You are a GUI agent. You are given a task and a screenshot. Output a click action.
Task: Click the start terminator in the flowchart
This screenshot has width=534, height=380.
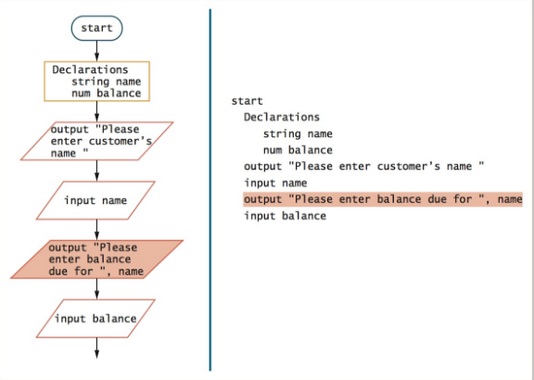click(x=96, y=28)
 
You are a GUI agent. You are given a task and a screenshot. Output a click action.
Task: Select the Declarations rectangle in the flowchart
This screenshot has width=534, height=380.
click(x=96, y=81)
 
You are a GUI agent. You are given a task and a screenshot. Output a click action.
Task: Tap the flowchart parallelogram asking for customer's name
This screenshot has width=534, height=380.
click(x=96, y=141)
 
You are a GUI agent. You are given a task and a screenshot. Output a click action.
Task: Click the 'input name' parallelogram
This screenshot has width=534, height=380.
click(x=96, y=199)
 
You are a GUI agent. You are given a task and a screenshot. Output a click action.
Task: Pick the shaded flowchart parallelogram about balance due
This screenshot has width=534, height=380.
click(x=96, y=260)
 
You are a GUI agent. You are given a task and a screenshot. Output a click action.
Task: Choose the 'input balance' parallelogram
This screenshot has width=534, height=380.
click(x=96, y=319)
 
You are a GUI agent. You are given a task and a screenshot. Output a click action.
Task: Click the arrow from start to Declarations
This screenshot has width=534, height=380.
click(x=96, y=51)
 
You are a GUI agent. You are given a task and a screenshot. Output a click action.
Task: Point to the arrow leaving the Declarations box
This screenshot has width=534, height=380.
click(x=96, y=111)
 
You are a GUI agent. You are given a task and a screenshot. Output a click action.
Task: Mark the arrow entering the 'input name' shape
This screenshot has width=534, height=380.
click(x=96, y=171)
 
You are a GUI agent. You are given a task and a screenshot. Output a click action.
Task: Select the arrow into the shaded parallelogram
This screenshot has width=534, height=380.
click(x=96, y=229)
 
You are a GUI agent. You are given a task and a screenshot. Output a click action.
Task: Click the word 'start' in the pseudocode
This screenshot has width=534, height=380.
click(x=248, y=101)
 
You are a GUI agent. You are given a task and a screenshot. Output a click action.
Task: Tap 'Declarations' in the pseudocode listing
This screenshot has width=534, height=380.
click(x=282, y=118)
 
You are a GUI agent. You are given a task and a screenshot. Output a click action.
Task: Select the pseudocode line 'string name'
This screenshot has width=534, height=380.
click(x=298, y=133)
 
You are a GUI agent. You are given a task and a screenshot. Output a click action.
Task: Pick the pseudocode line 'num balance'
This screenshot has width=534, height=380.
click(x=298, y=150)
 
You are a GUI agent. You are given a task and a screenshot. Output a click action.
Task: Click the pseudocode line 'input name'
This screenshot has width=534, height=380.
click(x=275, y=184)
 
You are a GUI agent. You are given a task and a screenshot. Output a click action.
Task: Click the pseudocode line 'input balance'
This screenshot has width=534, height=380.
click(x=285, y=216)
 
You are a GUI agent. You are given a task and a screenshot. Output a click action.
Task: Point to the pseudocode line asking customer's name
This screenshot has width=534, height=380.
click(x=364, y=167)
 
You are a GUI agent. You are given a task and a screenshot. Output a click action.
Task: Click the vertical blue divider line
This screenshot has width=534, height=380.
click(x=210, y=185)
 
